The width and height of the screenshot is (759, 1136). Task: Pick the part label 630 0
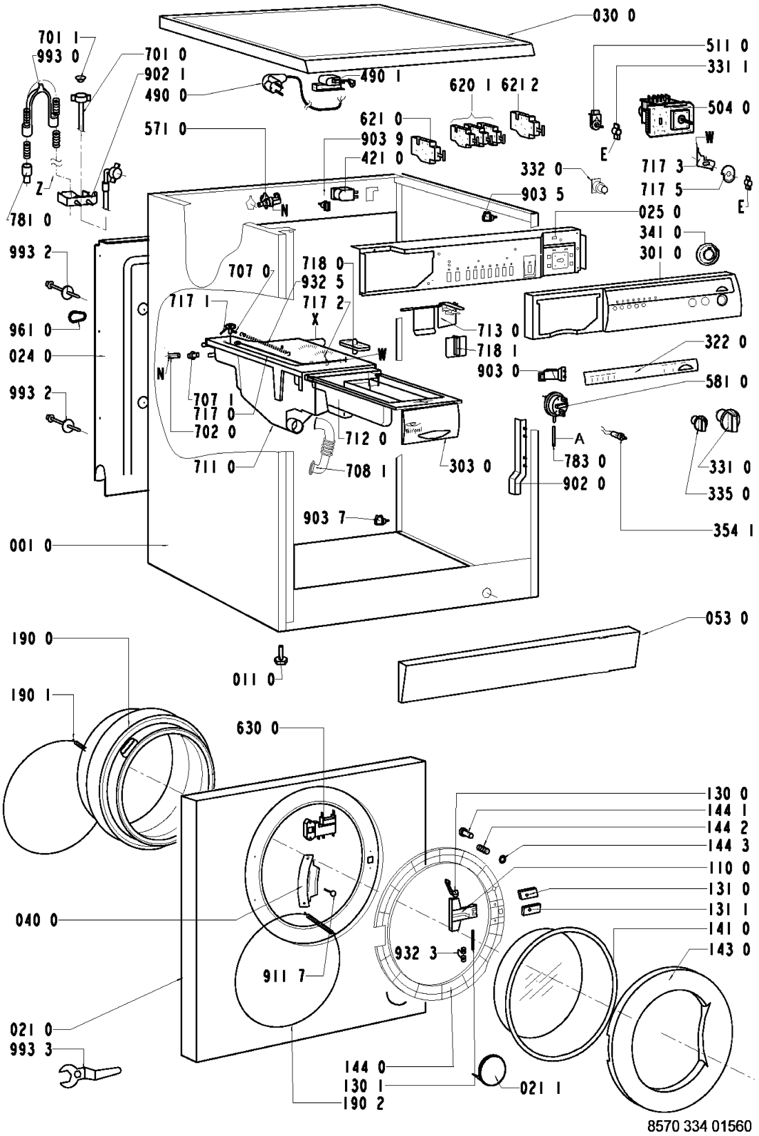tap(257, 728)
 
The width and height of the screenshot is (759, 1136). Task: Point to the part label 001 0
tap(30, 546)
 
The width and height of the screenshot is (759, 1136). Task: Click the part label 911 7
tap(284, 976)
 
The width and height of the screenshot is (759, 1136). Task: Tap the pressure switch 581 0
tap(552, 401)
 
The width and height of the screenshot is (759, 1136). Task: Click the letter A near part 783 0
tap(579, 439)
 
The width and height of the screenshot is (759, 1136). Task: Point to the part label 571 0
tap(166, 129)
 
